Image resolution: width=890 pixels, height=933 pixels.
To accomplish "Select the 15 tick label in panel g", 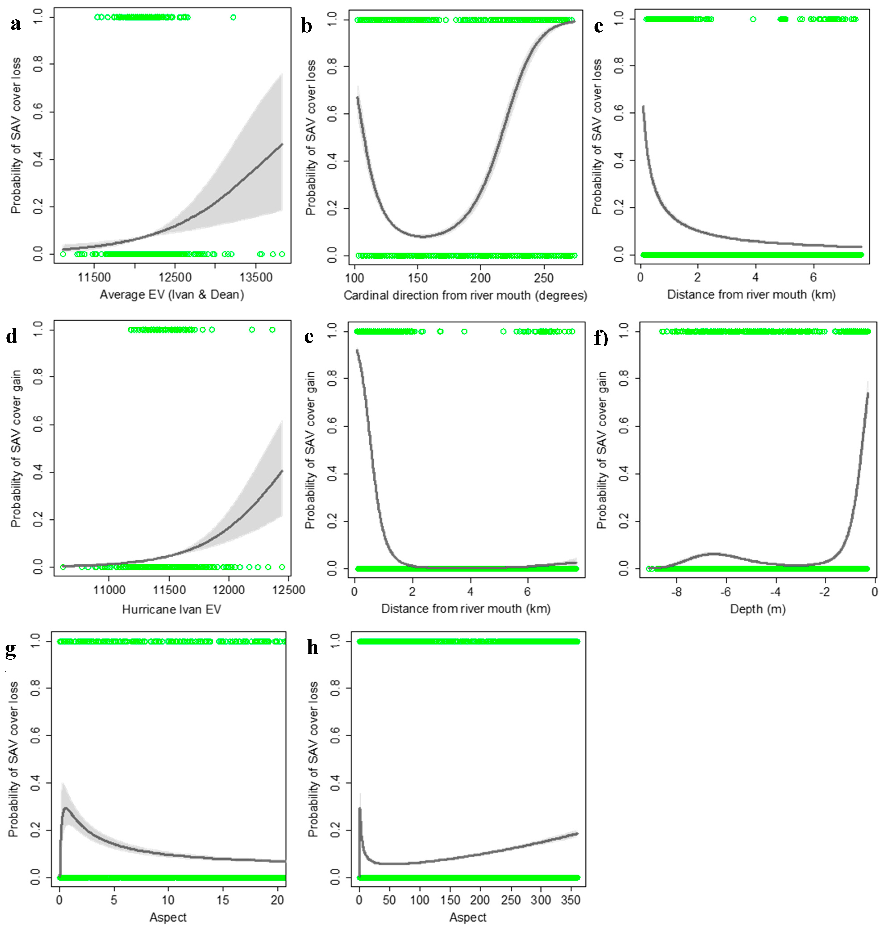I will (222, 900).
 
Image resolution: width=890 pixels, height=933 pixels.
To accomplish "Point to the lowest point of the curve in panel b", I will (422, 236).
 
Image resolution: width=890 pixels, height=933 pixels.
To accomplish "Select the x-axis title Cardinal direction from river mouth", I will (465, 295).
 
